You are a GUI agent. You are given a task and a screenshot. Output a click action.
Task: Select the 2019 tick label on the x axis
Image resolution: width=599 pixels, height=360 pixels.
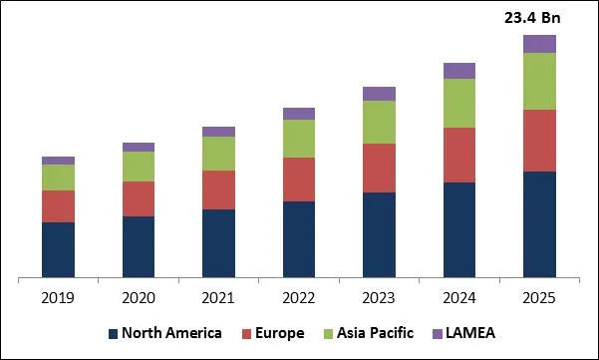coord(58,298)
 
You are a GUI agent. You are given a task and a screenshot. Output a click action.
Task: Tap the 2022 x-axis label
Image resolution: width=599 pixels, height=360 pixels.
coord(298,298)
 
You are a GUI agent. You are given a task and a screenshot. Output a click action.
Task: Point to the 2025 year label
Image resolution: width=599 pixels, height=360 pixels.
coord(539,298)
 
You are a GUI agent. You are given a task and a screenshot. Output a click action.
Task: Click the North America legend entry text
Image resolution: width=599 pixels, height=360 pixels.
coord(170,333)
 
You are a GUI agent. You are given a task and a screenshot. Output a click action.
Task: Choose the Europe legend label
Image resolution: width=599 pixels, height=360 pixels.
coord(280,333)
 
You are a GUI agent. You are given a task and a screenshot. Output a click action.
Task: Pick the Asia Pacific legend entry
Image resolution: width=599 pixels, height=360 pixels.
coord(379,333)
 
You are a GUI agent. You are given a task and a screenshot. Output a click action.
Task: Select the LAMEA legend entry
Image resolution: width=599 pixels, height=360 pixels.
coord(470,333)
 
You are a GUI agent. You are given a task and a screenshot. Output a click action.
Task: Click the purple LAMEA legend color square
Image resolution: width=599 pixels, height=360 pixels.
coord(437,333)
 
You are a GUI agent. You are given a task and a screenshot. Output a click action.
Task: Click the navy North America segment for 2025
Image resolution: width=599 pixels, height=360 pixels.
coord(539,224)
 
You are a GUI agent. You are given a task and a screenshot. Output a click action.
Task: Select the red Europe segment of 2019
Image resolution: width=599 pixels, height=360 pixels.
coord(58,206)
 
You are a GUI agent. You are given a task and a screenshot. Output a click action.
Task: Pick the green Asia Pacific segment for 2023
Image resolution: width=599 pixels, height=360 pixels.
coord(379,122)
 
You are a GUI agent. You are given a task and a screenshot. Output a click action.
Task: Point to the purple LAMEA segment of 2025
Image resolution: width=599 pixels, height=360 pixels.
coord(539,43)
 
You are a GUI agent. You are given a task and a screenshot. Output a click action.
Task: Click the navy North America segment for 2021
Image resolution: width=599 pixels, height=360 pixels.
coord(218,243)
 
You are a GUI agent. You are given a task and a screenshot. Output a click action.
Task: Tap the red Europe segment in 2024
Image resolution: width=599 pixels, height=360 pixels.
coord(458,155)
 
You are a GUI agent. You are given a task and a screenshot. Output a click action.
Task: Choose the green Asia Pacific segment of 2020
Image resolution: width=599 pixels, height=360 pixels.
coord(139,167)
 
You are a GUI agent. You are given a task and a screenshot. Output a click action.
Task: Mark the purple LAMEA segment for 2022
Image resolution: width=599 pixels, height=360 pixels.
coord(298,114)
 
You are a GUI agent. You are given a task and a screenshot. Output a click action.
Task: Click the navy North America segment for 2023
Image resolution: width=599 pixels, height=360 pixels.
coord(379,234)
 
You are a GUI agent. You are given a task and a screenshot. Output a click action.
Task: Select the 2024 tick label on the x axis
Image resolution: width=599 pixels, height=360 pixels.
coord(458,298)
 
